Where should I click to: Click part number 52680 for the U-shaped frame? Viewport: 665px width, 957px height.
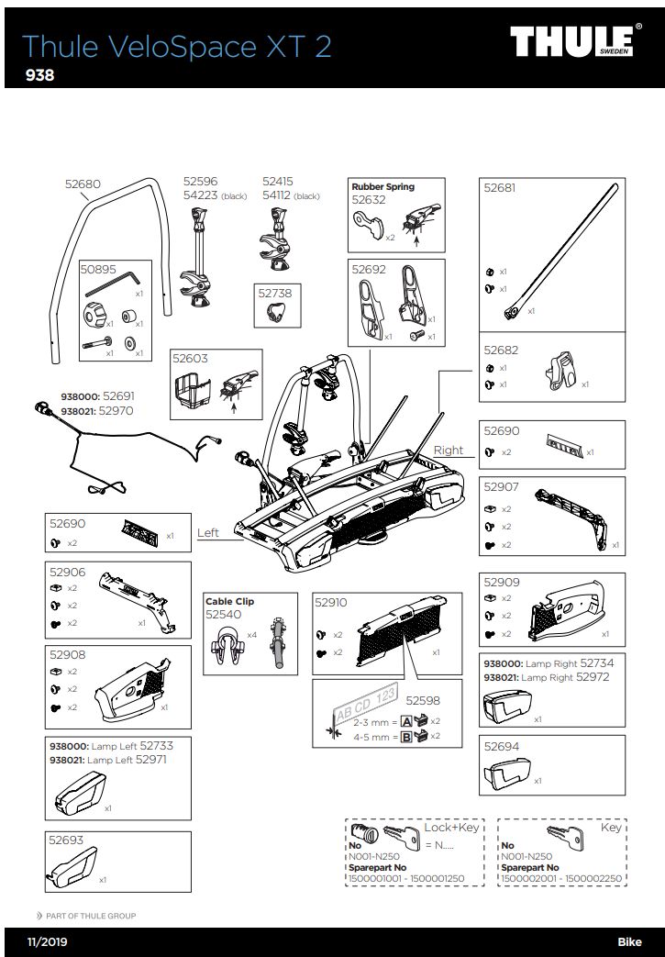tap(83, 184)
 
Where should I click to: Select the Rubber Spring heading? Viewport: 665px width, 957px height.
tap(382, 187)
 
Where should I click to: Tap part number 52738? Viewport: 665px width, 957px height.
tap(274, 293)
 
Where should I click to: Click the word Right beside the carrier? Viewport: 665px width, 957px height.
tap(449, 451)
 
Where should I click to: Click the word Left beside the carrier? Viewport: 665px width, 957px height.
tap(208, 533)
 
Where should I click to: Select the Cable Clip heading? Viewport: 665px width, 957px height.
tap(229, 602)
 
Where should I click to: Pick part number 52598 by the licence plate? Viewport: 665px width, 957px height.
tap(423, 700)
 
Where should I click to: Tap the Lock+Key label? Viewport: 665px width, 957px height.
tap(451, 827)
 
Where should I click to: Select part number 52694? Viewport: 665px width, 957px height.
tap(501, 747)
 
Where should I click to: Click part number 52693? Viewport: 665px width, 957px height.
tap(66, 840)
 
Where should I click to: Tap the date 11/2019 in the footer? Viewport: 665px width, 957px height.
tap(48, 942)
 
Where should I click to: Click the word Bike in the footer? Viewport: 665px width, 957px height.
tap(629, 942)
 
